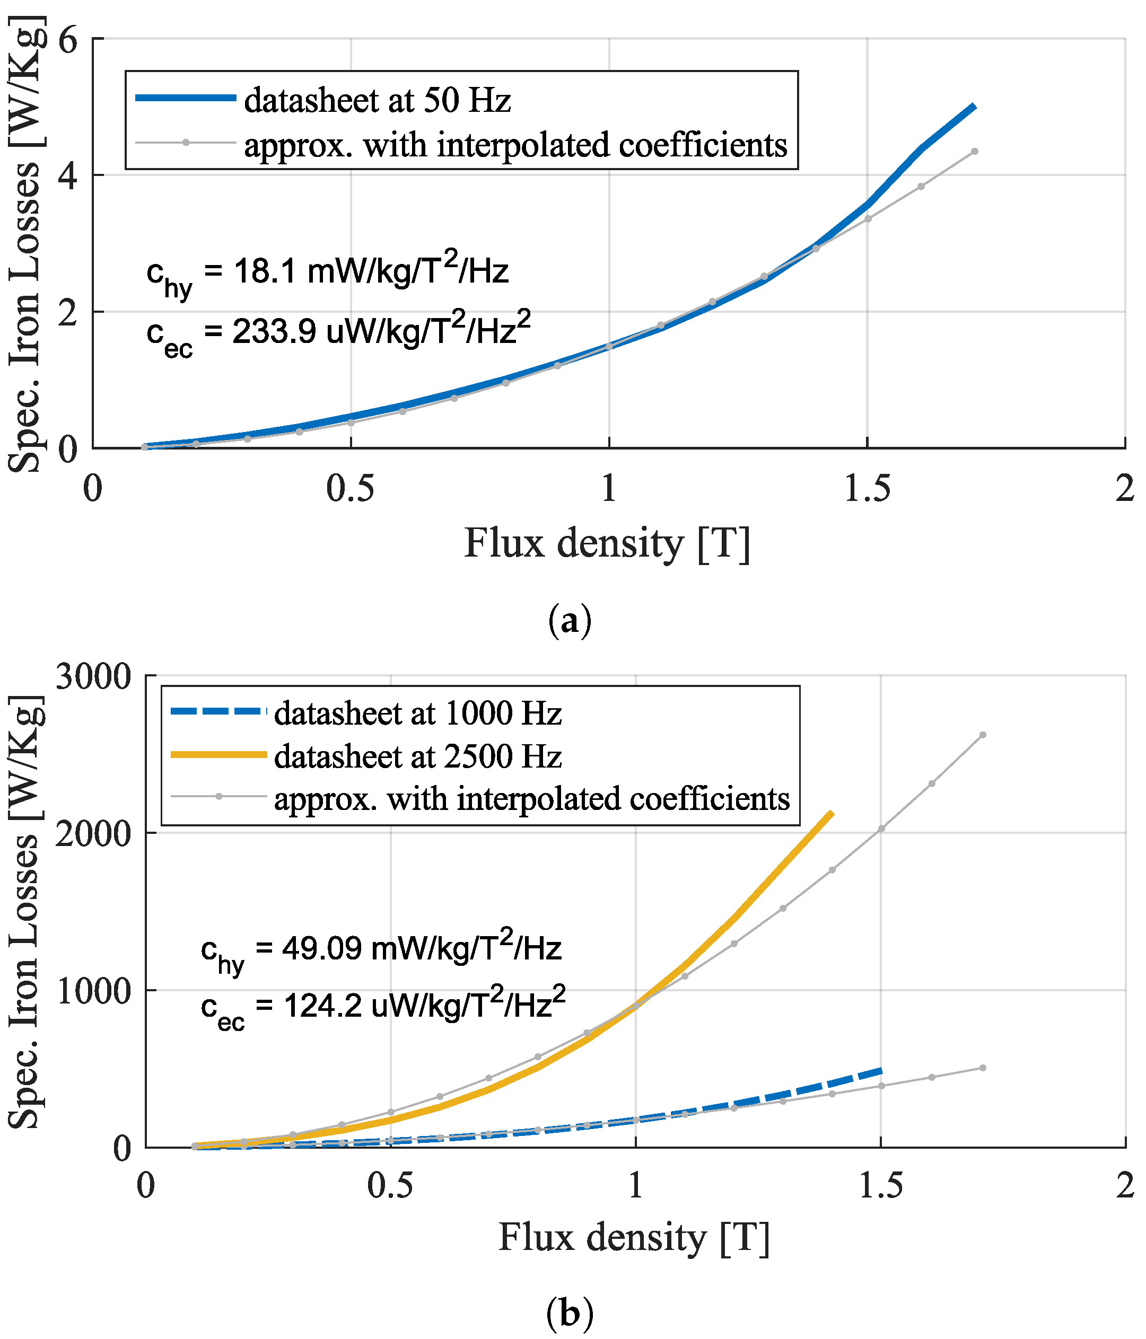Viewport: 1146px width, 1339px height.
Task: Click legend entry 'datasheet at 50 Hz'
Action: pos(377,101)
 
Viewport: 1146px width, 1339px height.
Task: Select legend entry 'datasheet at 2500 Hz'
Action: pos(417,756)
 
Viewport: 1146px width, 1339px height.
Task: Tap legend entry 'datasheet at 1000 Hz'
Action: pos(417,713)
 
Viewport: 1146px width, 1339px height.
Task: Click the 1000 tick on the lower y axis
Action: pos(94,991)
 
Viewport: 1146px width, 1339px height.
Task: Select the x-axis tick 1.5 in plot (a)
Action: pos(867,489)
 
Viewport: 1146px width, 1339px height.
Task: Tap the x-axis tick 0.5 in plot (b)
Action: pos(390,1185)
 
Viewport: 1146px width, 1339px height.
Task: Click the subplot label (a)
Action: pos(570,621)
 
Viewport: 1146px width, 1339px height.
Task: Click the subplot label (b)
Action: pos(570,1312)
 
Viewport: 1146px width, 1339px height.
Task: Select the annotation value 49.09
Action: pos(321,949)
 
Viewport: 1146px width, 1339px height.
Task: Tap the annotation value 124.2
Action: pos(322,1006)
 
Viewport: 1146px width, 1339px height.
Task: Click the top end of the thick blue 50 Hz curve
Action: pos(974,106)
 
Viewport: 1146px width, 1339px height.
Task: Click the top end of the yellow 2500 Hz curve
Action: pos(831,813)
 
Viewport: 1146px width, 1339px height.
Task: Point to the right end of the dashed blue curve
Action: pos(880,1070)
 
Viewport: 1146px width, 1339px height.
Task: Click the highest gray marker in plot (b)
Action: pos(983,735)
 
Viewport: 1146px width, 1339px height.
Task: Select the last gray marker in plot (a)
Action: pos(974,152)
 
